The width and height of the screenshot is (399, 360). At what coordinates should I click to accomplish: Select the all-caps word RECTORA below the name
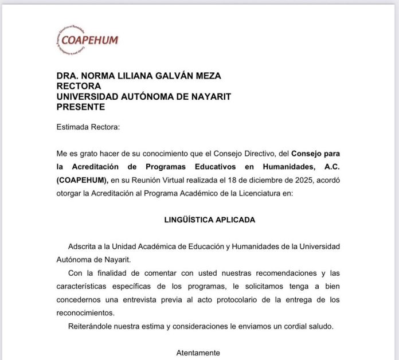click(78, 86)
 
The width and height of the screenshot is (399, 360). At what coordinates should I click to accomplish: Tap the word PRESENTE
click(81, 107)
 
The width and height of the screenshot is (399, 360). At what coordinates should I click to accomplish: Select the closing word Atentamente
click(198, 353)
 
